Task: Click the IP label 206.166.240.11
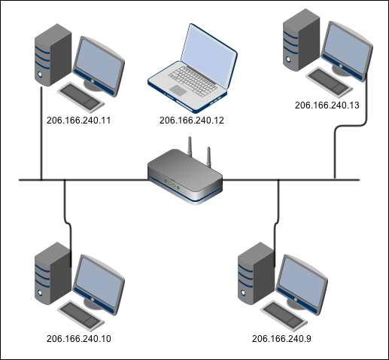78,121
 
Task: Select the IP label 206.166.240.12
192,121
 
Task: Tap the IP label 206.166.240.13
327,105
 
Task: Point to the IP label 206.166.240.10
79,339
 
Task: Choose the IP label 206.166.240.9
281,339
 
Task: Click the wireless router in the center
185,175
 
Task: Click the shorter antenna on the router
208,157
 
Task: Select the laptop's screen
209,56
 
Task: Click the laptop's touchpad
178,90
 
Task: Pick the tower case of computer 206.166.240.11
53,55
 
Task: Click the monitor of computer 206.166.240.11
99,66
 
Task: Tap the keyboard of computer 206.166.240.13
330,82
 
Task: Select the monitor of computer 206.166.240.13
347,51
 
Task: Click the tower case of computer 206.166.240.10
53,273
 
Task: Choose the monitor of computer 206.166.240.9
302,285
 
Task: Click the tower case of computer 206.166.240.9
256,273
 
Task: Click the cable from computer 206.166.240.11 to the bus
41,133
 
